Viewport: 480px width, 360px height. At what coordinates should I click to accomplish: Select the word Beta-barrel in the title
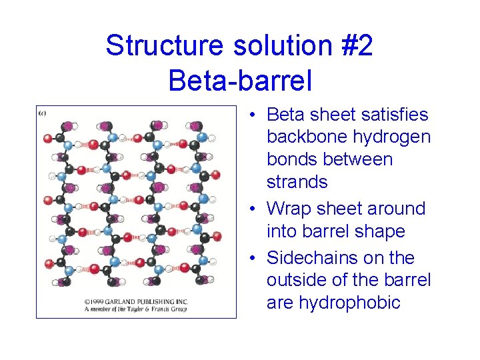click(240, 81)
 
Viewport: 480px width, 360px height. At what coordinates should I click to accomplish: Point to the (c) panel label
click(42, 113)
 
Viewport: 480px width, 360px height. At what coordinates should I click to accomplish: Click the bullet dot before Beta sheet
click(255, 115)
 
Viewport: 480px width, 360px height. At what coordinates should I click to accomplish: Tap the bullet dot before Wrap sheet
click(255, 209)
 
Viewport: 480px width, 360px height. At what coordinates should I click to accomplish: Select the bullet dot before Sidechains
click(255, 258)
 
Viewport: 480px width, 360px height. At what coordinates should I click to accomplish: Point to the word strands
click(297, 181)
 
